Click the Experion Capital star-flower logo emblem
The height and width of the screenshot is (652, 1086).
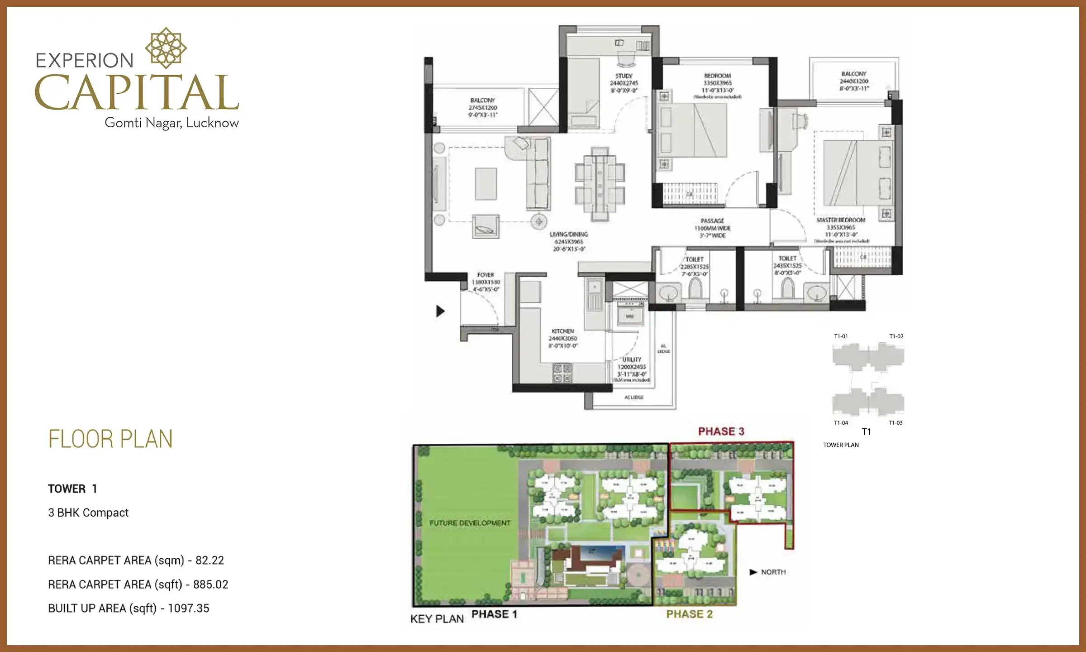click(x=166, y=48)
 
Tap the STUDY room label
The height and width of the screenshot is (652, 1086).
click(x=624, y=76)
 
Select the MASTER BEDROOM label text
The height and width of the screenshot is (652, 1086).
click(x=841, y=220)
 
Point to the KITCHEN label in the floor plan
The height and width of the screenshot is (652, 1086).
click(x=562, y=331)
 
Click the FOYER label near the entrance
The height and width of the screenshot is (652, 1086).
click(x=486, y=275)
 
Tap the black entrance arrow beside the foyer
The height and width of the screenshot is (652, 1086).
click(x=440, y=311)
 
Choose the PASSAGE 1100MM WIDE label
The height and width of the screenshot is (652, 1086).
click(x=712, y=228)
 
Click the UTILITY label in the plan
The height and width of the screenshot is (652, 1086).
click(x=632, y=360)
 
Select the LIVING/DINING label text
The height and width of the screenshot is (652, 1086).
click(x=569, y=235)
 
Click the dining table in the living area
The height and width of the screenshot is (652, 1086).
click(x=600, y=184)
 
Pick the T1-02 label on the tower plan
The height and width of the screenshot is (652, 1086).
click(x=896, y=336)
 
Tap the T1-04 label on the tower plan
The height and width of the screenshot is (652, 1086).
click(x=841, y=423)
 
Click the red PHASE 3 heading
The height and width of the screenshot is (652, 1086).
click(x=721, y=431)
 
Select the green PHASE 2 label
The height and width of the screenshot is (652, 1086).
click(x=689, y=614)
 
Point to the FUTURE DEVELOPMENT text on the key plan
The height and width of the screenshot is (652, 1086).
click(x=470, y=523)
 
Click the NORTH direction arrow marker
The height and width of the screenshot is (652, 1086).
click(x=753, y=572)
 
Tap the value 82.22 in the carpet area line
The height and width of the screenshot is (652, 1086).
click(x=210, y=561)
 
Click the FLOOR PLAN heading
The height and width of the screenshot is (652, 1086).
click(x=110, y=439)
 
